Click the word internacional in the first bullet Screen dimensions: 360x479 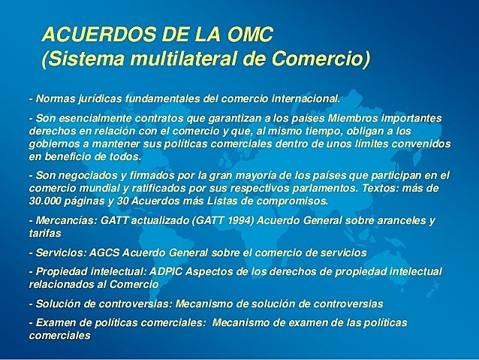301,98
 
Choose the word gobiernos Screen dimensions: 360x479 55,144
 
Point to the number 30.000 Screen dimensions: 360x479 48,201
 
